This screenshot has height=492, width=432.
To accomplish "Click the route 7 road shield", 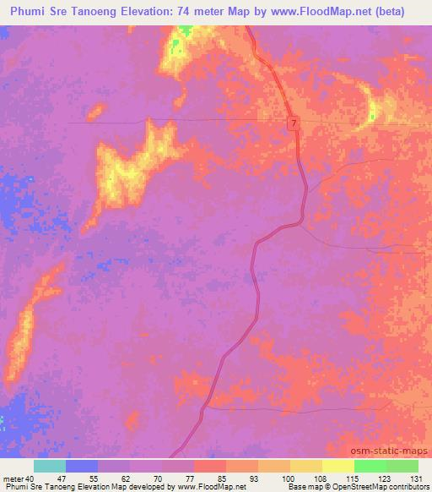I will click(x=293, y=123).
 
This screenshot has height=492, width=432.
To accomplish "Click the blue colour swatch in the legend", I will click(x=82, y=466).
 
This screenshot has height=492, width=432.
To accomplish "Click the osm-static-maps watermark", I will click(x=395, y=452).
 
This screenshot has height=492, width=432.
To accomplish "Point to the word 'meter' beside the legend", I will click(x=12, y=478).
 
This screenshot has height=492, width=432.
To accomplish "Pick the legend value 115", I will click(x=346, y=478).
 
